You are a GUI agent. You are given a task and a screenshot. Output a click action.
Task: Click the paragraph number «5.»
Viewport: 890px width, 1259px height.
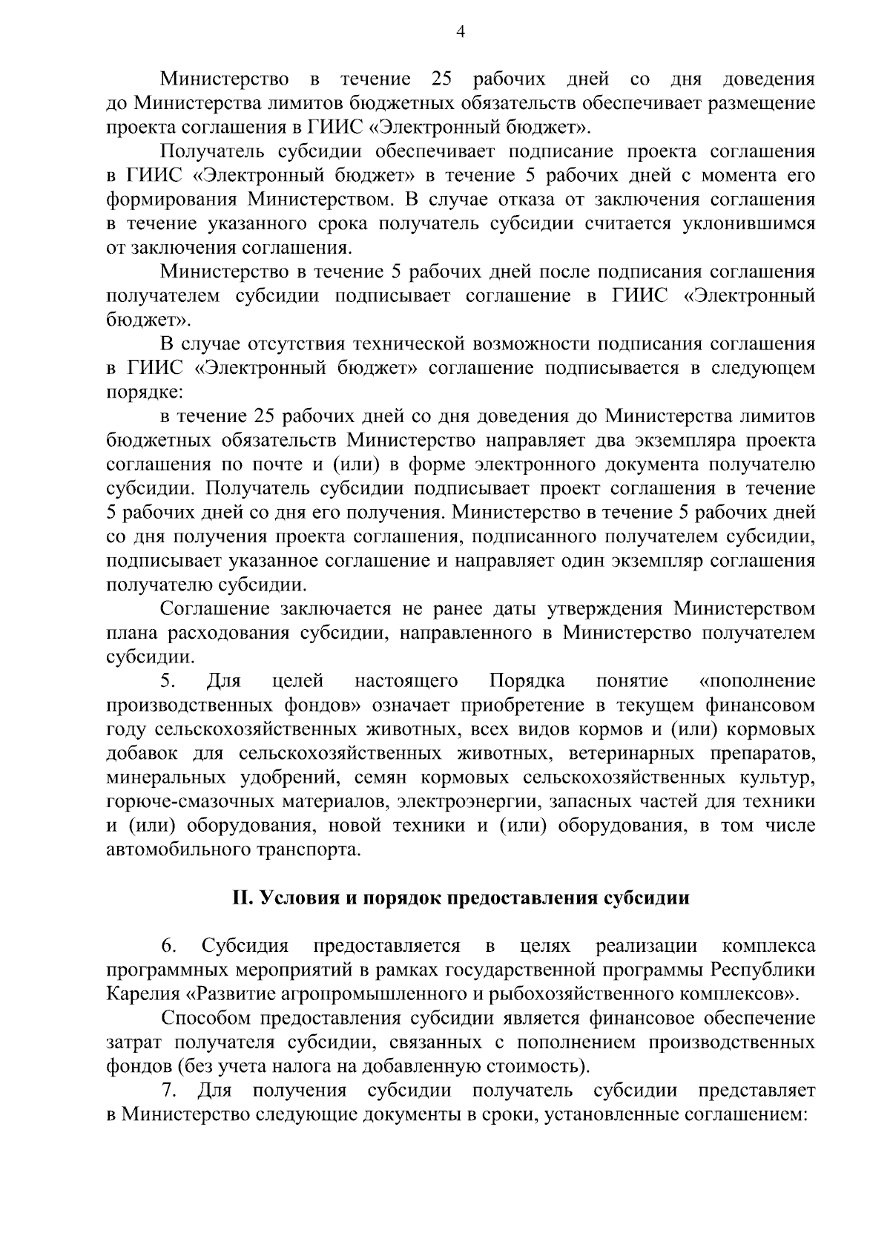[x=168, y=681]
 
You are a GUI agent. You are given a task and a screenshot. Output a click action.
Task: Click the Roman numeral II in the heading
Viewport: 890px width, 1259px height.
[x=243, y=898]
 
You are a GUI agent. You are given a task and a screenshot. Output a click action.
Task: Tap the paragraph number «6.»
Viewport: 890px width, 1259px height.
[x=168, y=947]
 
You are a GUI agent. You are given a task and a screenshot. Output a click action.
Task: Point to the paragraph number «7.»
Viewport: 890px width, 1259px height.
[x=168, y=1091]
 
